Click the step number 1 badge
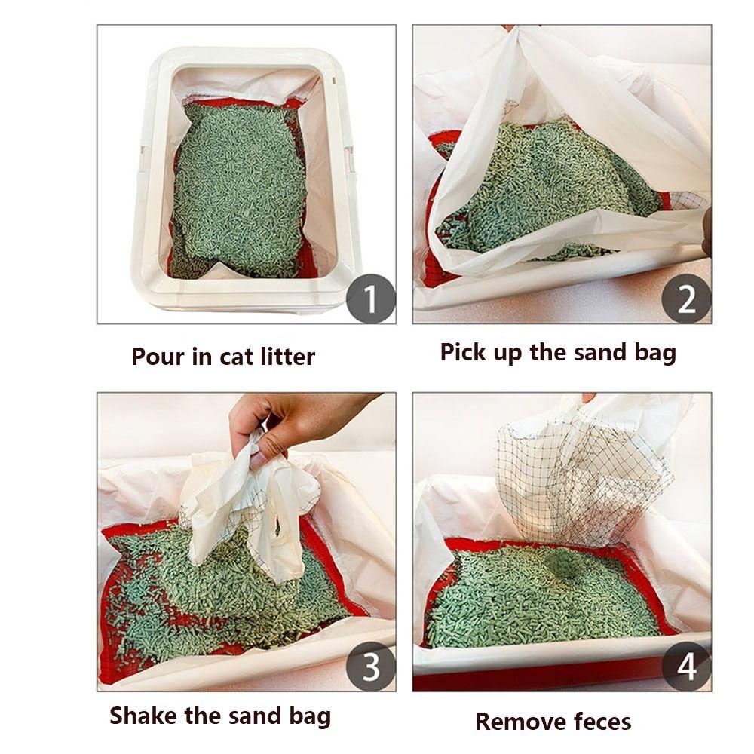(x=371, y=299)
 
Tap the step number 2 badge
(x=686, y=299)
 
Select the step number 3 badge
(x=371, y=667)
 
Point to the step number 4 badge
(x=686, y=667)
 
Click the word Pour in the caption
(x=158, y=357)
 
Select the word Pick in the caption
(x=462, y=352)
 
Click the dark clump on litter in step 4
(x=563, y=562)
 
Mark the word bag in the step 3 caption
(x=310, y=716)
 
